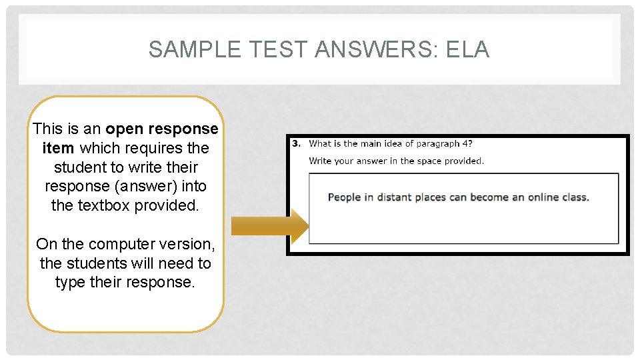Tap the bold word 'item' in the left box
point(58,148)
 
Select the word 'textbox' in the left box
point(103,205)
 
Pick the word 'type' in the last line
point(71,282)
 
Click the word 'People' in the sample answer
point(345,197)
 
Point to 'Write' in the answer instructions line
point(321,161)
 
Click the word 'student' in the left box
point(78,167)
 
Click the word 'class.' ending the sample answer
point(573,197)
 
